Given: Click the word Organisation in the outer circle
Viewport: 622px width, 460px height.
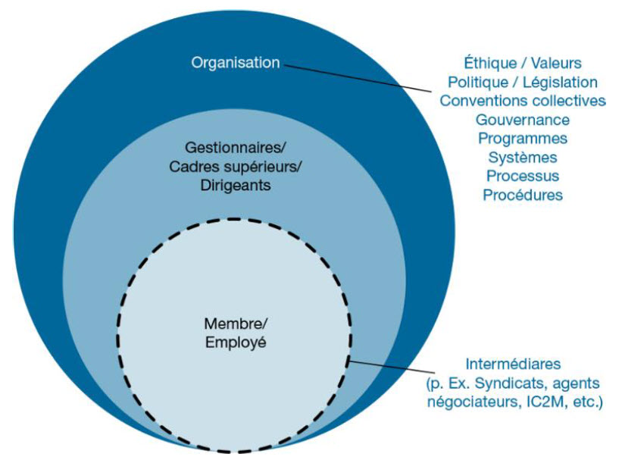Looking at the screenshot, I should point(236,63).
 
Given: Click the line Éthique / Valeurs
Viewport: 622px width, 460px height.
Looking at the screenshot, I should point(523,63).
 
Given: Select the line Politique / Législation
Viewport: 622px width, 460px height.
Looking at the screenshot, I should point(523,82).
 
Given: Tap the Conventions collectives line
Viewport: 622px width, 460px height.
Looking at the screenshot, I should point(523,101).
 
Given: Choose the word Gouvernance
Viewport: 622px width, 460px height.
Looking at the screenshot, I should point(523,120).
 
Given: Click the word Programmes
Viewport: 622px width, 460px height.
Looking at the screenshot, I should point(523,139).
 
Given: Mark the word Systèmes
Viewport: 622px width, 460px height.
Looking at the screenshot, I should point(523,158).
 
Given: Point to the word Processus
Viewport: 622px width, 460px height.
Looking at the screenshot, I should point(523,176).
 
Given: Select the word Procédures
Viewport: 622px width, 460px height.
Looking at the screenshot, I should point(523,195).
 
